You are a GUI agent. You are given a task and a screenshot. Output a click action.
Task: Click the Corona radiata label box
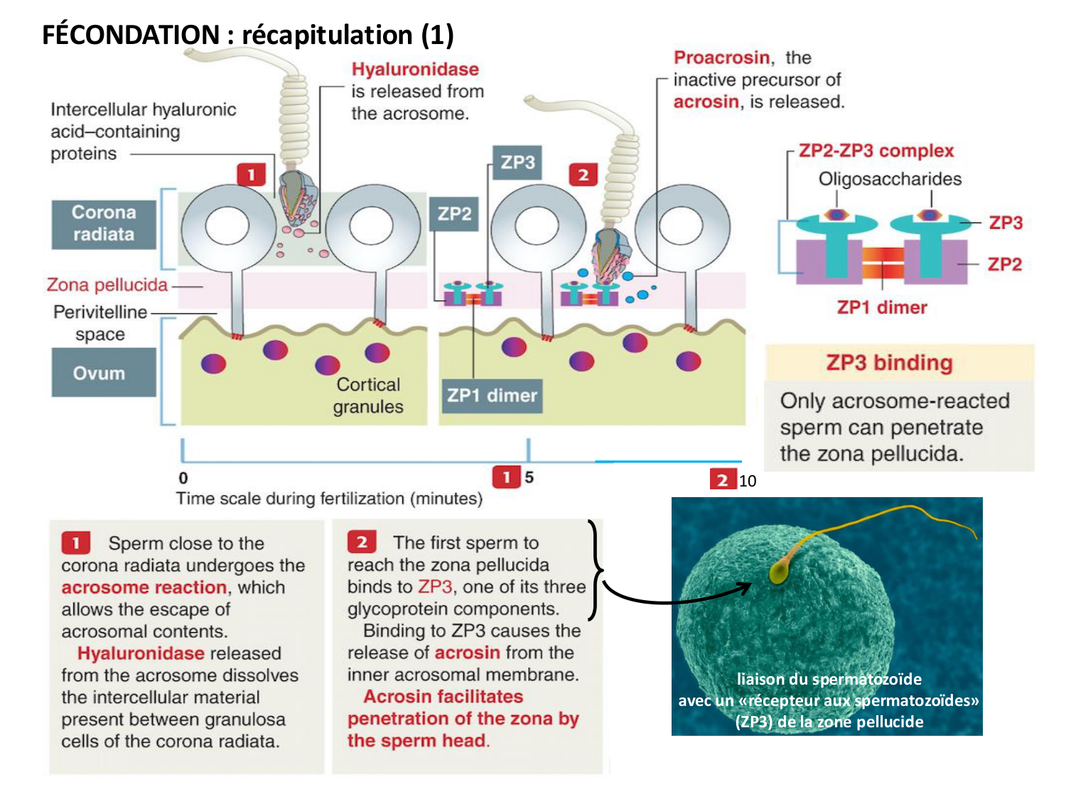pos(104,224)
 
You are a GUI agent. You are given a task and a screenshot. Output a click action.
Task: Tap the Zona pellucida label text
pos(107,285)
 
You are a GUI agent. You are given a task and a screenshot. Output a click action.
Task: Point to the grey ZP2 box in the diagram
pos(454,214)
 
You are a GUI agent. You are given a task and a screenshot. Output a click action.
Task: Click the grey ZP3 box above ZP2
pos(517,163)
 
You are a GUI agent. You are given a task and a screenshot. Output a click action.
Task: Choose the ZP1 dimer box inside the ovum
pos(491,396)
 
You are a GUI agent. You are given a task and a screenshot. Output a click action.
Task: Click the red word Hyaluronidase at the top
pos(415,70)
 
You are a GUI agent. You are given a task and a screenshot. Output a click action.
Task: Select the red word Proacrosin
pos(721,58)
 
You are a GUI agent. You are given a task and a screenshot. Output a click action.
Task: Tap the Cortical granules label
pos(368,396)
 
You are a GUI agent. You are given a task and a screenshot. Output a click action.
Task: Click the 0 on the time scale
pos(183,478)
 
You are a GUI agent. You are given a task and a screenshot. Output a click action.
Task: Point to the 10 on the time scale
pos(748,481)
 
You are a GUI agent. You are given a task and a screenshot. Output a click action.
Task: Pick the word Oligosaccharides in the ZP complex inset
pos(890,179)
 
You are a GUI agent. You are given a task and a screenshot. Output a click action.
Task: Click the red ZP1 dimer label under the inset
pos(881,308)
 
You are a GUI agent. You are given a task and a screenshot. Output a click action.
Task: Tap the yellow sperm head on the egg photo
pos(779,572)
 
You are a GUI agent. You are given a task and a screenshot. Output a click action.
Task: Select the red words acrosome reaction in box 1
pos(144,587)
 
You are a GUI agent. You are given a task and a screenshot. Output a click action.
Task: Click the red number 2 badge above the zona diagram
pos(583,175)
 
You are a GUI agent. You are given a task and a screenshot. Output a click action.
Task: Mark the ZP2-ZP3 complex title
pos(876,151)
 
